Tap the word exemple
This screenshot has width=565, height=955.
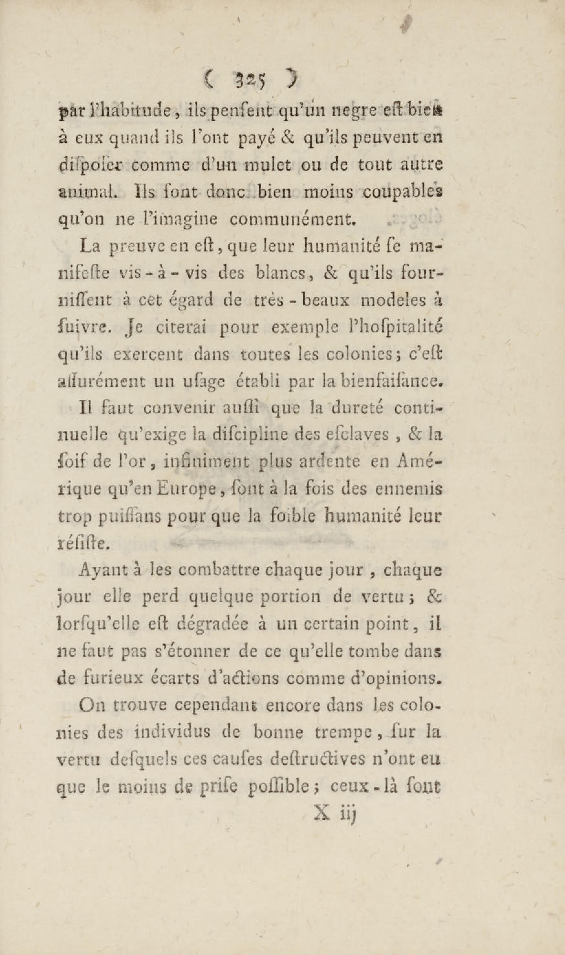tap(303, 328)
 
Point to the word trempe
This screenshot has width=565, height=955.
tap(343, 734)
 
